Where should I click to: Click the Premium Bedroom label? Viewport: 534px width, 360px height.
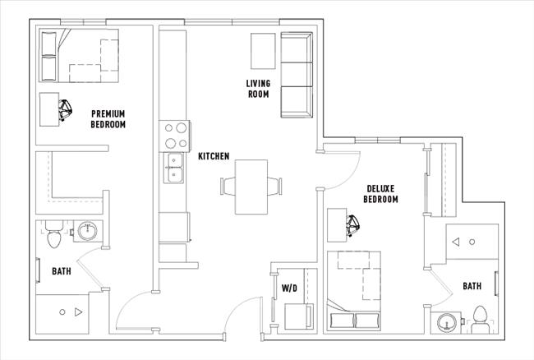(x=108, y=118)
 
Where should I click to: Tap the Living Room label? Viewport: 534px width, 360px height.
(x=259, y=87)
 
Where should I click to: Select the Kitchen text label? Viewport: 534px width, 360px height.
(x=214, y=156)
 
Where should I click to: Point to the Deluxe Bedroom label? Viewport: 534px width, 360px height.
(x=381, y=194)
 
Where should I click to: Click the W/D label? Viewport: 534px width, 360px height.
(x=289, y=288)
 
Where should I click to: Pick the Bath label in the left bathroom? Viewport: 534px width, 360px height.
(x=62, y=270)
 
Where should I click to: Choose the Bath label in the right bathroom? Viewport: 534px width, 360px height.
(x=472, y=286)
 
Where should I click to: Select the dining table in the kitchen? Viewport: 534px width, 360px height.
(x=251, y=187)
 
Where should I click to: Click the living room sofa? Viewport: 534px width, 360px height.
(x=297, y=76)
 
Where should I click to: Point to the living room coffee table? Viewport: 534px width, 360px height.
(x=263, y=51)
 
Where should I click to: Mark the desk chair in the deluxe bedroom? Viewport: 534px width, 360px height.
(x=354, y=223)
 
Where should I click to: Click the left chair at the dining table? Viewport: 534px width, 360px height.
(x=224, y=186)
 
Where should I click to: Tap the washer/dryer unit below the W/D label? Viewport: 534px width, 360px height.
(x=295, y=316)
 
